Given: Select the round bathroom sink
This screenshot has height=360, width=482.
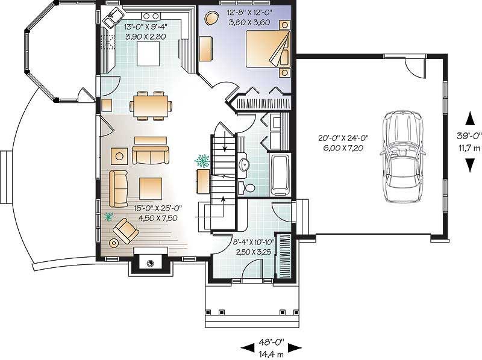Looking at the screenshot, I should (x=243, y=163).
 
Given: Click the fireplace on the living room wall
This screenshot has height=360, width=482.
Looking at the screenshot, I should (x=149, y=262).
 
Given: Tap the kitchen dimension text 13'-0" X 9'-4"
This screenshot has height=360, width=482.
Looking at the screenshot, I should (x=145, y=28).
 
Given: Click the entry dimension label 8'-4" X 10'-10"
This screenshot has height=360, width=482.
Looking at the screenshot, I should (x=251, y=244).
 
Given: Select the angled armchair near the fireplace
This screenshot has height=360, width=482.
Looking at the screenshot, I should (x=127, y=229).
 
